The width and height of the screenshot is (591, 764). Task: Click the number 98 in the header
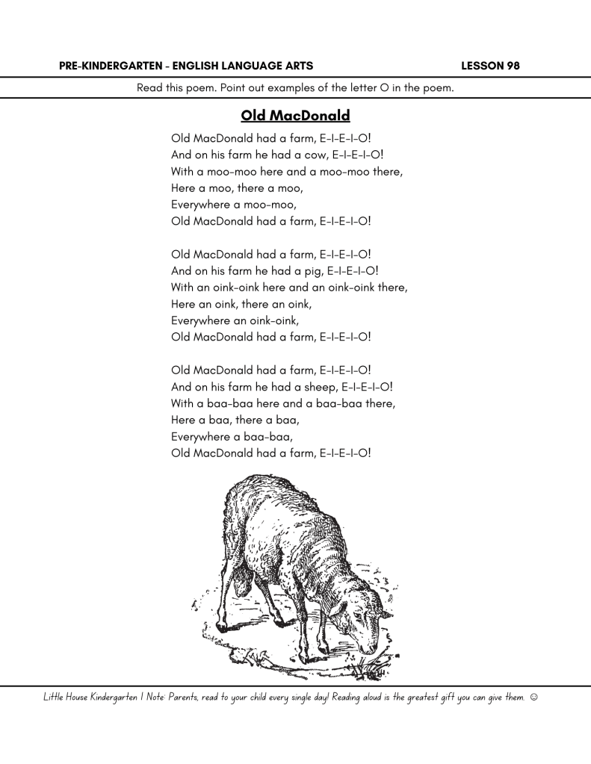coord(511,66)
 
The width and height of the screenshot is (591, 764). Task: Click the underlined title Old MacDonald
coord(295,116)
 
